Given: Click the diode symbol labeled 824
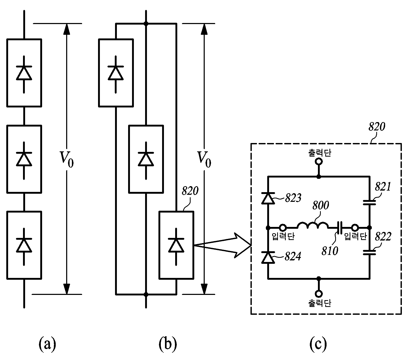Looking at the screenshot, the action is [x=268, y=258].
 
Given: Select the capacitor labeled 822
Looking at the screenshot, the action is [x=369, y=253].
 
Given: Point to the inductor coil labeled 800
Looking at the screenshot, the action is [x=312, y=225].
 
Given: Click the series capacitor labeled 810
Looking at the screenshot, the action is [x=340, y=227].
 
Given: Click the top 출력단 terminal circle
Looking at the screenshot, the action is [x=319, y=161].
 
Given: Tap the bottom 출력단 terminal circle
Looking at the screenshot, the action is [x=319, y=294].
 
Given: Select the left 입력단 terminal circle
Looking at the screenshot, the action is [x=283, y=227].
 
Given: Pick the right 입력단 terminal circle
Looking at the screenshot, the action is [x=355, y=227].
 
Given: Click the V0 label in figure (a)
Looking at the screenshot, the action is [x=67, y=159].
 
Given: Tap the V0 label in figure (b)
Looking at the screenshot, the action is [x=204, y=159].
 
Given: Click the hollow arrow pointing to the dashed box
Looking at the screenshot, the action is [x=222, y=245].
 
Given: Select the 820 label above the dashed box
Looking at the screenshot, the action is [x=377, y=127].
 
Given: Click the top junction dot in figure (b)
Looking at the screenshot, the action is [x=146, y=24].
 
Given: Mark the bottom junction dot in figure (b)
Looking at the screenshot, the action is [x=146, y=294].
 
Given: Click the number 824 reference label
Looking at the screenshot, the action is [x=293, y=256].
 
